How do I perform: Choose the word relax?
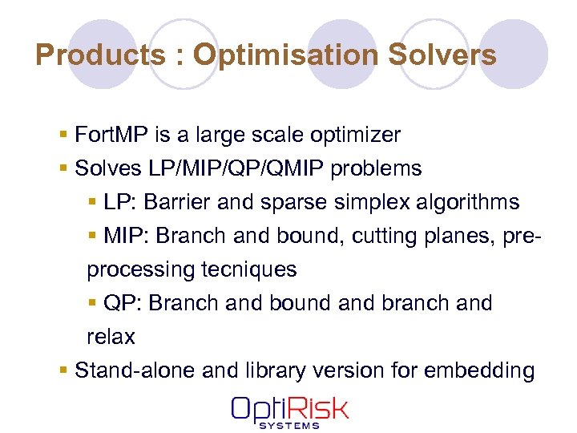tap(111, 337)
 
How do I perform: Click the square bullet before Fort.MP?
tap(64, 135)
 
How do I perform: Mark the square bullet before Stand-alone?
tap(64, 370)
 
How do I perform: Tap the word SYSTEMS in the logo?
tap(289, 425)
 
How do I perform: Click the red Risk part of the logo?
tap(317, 409)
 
